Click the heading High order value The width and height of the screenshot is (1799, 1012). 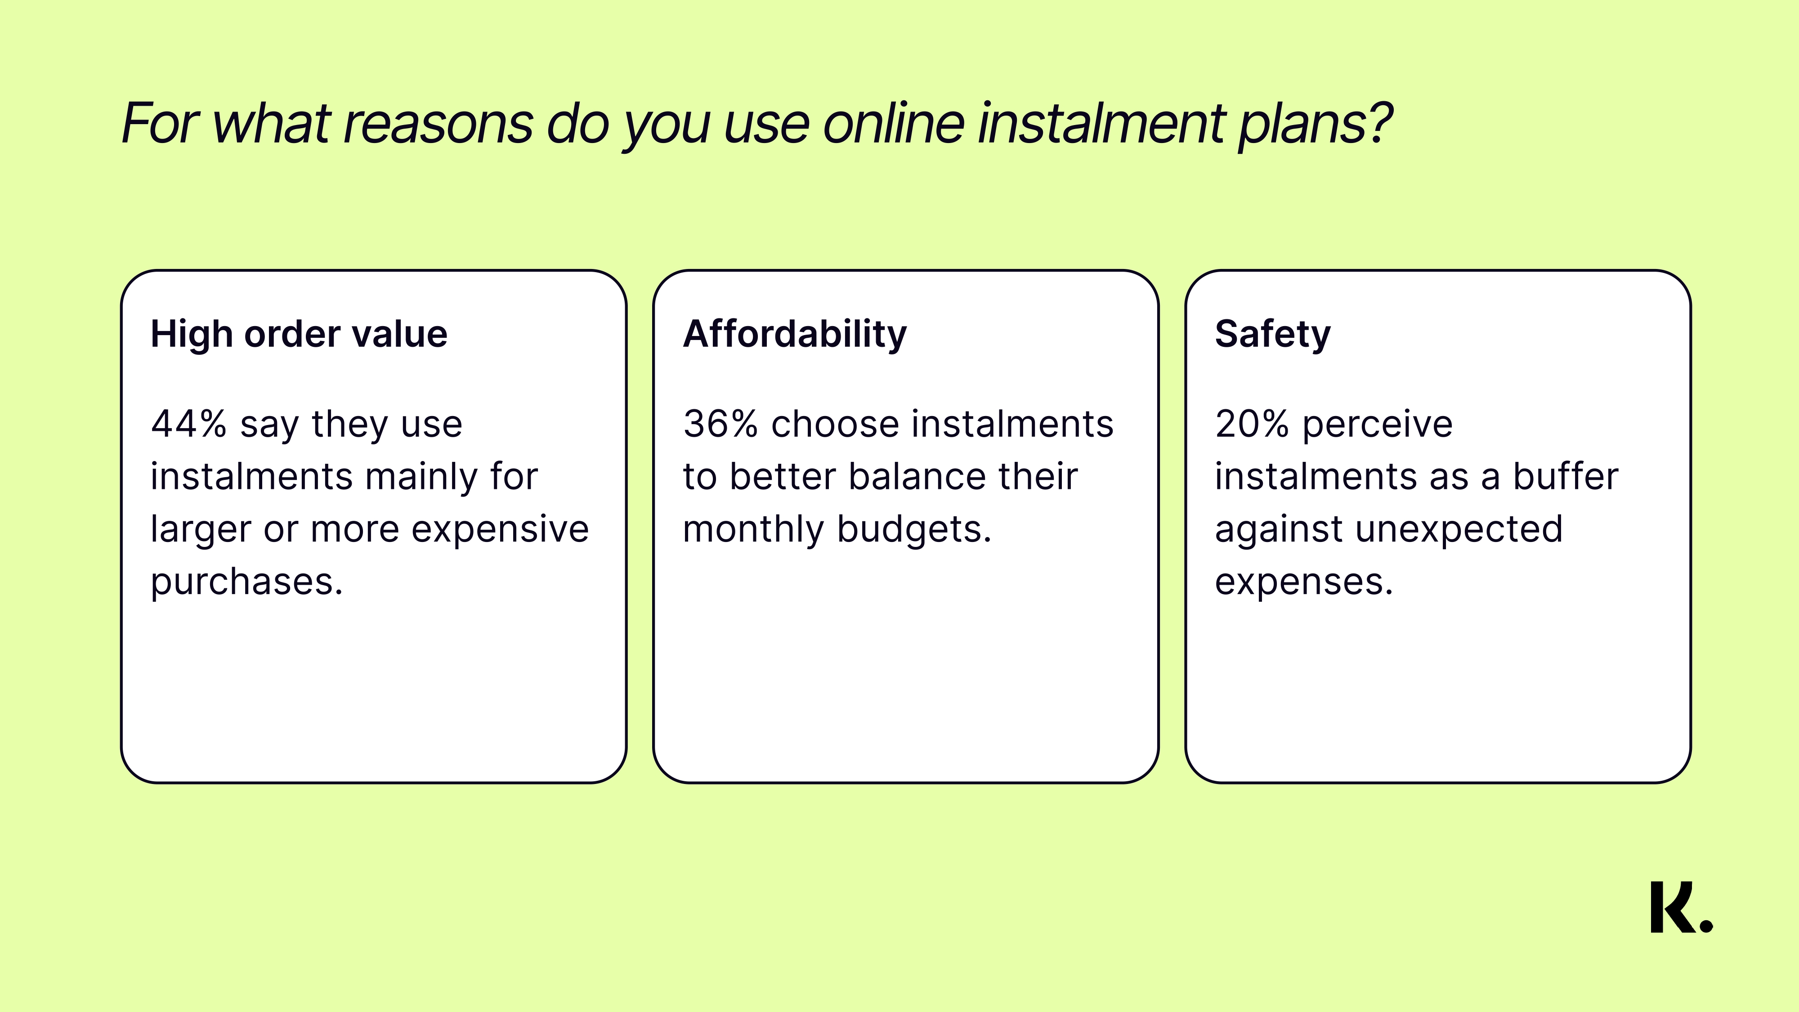point(299,334)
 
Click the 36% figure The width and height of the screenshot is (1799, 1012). point(720,424)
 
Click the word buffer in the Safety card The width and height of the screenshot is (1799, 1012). point(1566,476)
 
